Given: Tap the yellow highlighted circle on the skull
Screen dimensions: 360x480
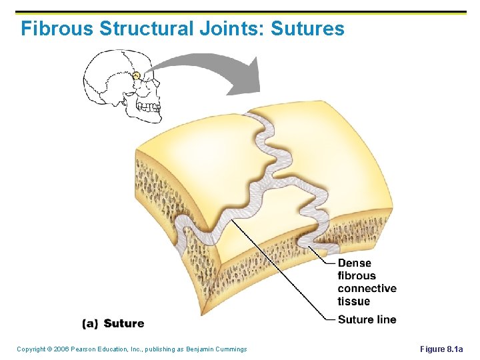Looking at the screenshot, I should [x=136, y=75].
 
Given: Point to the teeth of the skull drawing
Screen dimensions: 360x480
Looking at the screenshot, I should [x=148, y=107].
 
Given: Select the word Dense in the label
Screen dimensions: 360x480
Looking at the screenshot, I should [x=354, y=263].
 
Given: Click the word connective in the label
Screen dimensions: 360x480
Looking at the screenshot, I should [x=367, y=289].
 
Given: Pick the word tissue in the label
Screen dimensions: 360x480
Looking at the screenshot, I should [x=353, y=301].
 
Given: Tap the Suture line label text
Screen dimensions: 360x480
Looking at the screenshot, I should [x=367, y=319].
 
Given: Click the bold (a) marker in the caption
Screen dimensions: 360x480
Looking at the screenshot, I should [x=90, y=323].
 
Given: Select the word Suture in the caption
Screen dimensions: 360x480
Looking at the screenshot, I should [x=124, y=323].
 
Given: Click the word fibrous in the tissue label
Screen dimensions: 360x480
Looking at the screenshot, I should [x=357, y=276].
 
